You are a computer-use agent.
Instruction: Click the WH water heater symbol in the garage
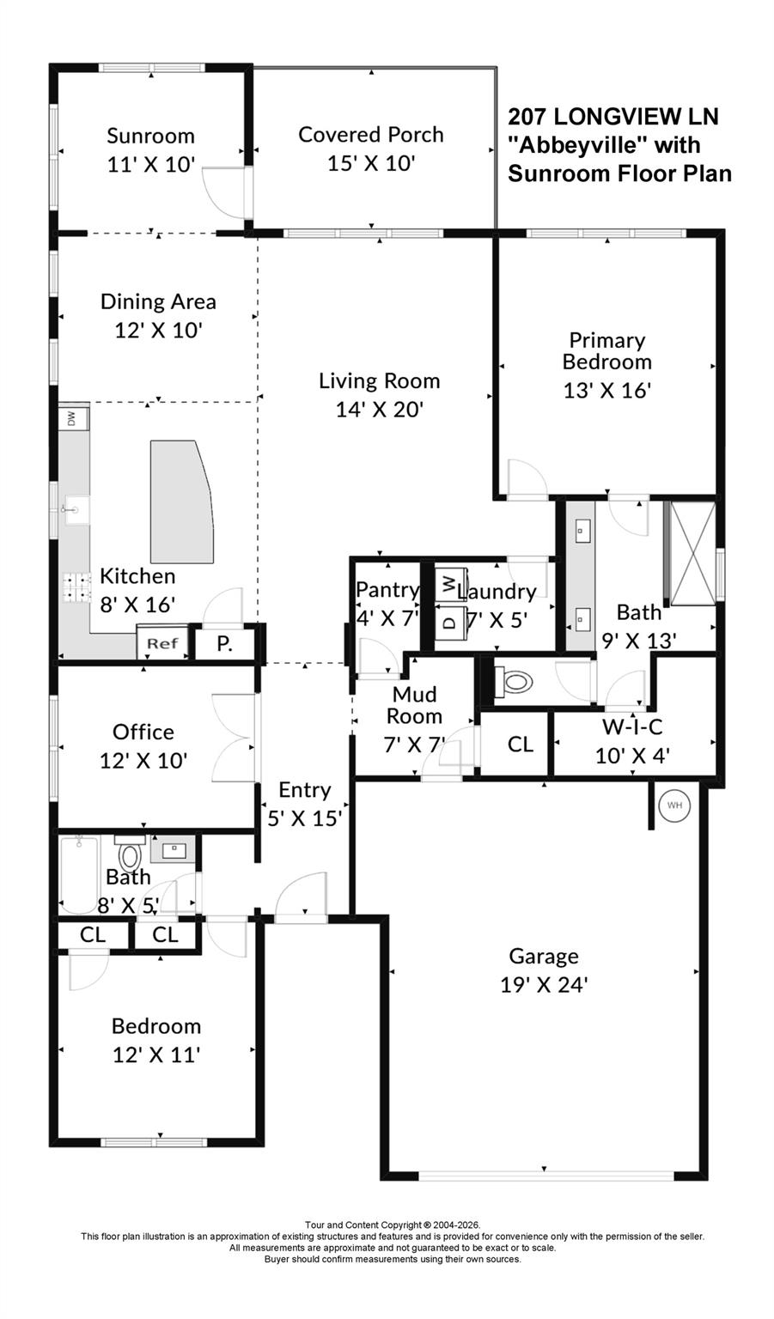674,805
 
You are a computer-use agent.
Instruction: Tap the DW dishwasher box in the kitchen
71,418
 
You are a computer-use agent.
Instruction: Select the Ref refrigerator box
162,642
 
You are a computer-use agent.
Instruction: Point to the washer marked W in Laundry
448,583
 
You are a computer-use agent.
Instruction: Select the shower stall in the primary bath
692,554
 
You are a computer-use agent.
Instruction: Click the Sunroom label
150,136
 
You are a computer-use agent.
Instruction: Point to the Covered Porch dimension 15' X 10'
371,163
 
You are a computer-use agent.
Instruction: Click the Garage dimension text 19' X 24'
543,984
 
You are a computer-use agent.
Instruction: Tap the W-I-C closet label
632,727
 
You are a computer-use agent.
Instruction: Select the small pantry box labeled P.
224,643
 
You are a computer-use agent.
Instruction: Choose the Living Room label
379,380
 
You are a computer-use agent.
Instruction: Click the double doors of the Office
234,737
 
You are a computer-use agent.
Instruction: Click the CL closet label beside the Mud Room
520,744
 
